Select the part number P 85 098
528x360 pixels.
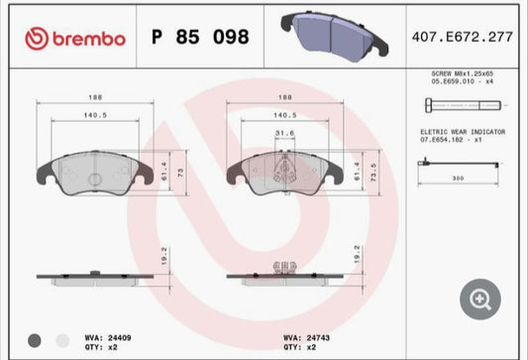(199, 38)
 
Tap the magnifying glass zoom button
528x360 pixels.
(479, 298)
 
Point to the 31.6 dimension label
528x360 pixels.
(285, 135)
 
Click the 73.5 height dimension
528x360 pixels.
(372, 169)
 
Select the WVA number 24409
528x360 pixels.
(119, 338)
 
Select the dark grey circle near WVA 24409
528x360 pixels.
(36, 340)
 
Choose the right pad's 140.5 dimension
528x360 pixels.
(285, 116)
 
